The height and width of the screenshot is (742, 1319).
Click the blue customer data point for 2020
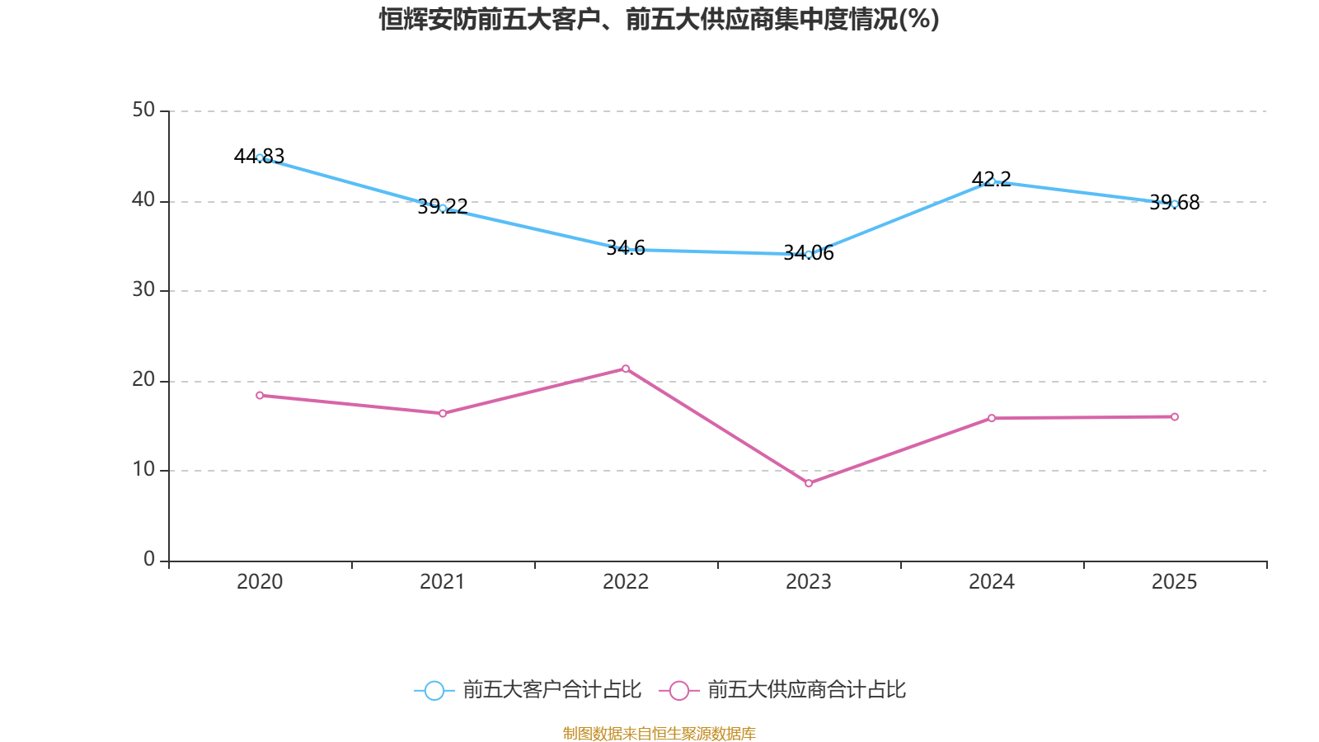(x=260, y=157)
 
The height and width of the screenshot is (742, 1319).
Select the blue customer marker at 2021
(x=443, y=208)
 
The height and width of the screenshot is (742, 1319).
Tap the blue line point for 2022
(x=626, y=249)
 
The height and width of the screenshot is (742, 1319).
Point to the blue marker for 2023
(x=809, y=255)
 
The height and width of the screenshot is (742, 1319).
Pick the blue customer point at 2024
(x=992, y=181)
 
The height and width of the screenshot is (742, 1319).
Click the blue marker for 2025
(x=1175, y=204)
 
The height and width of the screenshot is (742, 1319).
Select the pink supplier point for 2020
(x=260, y=396)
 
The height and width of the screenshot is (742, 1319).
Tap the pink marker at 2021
(x=443, y=414)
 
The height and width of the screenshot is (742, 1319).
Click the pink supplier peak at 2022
(x=626, y=369)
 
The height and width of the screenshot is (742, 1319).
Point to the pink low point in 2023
(x=809, y=483)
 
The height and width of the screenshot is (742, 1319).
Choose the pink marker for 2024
(x=992, y=418)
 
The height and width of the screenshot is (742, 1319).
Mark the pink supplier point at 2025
(x=1175, y=417)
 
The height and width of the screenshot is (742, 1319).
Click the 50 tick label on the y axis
(x=143, y=110)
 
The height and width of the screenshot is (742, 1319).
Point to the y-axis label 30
(x=143, y=290)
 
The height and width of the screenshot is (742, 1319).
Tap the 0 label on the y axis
(x=149, y=560)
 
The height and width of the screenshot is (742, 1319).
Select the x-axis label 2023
(x=809, y=582)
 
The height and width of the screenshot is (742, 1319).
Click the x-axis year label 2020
(x=260, y=582)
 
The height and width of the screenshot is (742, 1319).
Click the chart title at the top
(x=659, y=19)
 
